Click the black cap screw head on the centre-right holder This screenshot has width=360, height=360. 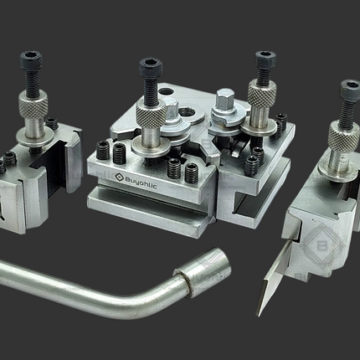tap(265, 59)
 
